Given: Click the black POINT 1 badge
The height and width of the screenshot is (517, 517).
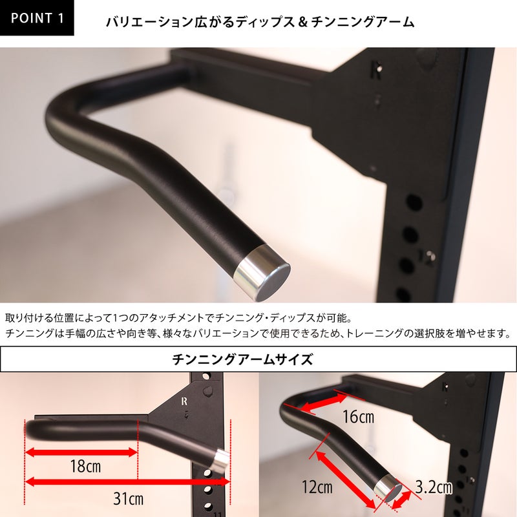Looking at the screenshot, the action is [37, 17].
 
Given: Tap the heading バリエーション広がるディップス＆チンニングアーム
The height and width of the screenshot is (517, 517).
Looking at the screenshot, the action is [260, 22].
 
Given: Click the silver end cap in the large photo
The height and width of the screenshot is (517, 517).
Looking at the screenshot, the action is [263, 273].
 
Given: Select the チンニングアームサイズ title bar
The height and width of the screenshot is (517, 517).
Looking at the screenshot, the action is [258, 359].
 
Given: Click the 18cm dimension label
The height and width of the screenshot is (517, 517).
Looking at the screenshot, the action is [85, 466].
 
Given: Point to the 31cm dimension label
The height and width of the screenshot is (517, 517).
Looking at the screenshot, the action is [128, 498].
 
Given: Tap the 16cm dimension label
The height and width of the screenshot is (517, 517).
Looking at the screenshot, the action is [359, 417].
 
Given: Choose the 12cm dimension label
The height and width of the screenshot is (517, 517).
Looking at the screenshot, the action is [317, 487].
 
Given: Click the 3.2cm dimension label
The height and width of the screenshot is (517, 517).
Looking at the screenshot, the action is [434, 487].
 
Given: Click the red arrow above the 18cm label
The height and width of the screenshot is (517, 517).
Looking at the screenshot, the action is [81, 452].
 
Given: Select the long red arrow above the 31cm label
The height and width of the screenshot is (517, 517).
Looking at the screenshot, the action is [127, 482].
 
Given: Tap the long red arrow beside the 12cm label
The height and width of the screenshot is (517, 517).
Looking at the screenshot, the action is [346, 480].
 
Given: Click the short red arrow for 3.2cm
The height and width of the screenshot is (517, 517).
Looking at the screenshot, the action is [401, 500].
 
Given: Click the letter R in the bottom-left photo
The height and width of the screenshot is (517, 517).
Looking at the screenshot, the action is [184, 401].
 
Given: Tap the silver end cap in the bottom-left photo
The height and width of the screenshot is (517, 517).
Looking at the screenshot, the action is [221, 459].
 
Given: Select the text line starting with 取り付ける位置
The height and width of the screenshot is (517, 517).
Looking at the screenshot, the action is [179, 318].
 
